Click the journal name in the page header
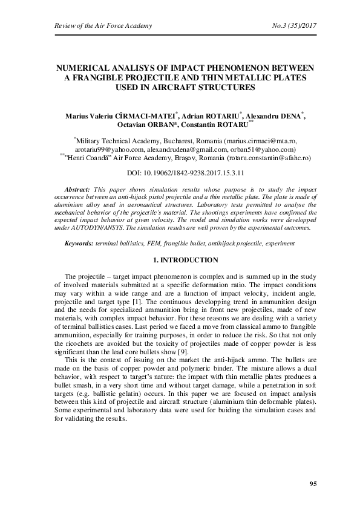tap(103, 25)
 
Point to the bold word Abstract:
tap(80, 190)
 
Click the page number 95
tap(312, 484)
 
